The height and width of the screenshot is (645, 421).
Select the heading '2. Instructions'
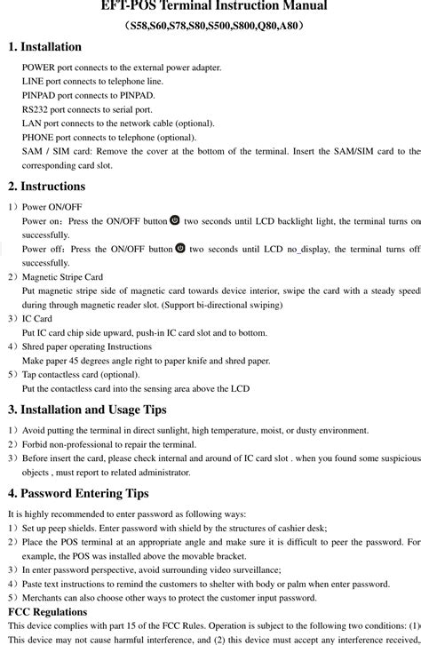(46, 187)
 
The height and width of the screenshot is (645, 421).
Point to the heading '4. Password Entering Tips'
(78, 493)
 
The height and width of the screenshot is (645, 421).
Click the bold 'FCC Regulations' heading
(47, 612)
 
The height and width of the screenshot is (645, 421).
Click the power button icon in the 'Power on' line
(174, 220)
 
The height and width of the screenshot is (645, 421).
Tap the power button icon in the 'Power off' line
(180, 249)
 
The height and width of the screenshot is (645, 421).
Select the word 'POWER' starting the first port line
(38, 68)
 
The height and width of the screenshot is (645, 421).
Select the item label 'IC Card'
(36, 318)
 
